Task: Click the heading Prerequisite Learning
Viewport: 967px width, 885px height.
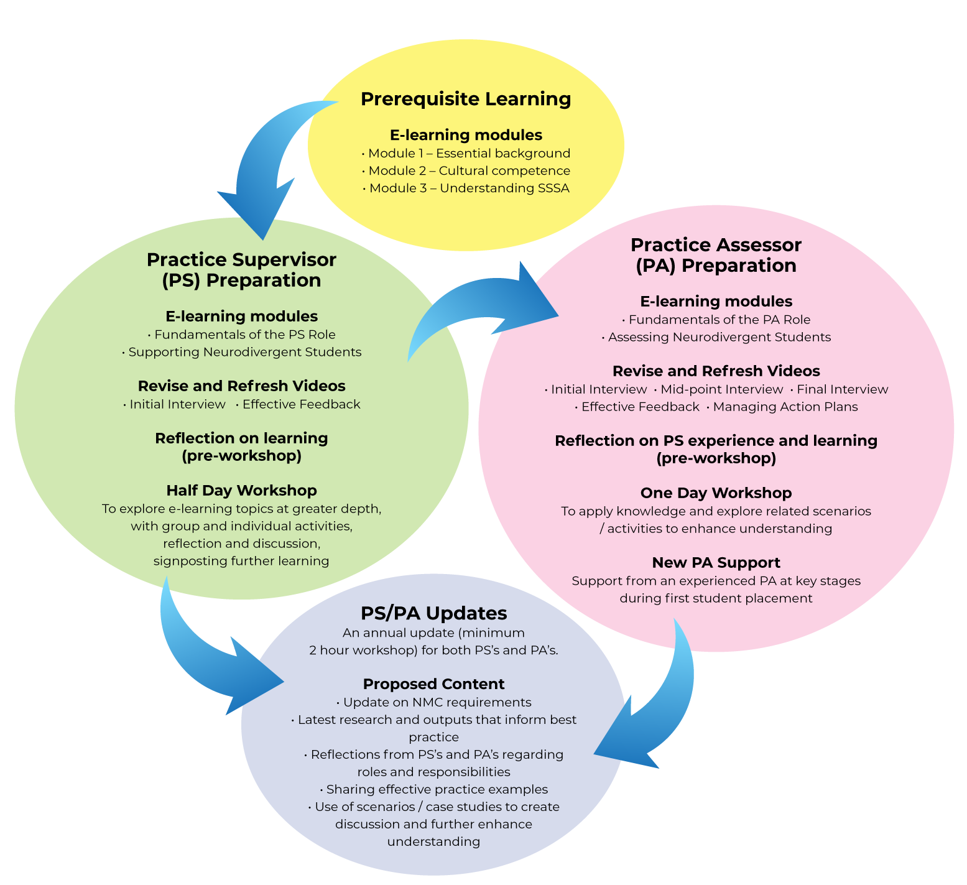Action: coord(466,99)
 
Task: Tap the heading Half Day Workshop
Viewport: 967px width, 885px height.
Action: coord(241,491)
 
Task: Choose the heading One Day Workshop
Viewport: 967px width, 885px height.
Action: coord(716,493)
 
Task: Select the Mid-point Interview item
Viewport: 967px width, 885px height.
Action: coord(721,389)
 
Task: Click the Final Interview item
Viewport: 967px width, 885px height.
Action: coord(842,389)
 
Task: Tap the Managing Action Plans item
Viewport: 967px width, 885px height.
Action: coord(785,407)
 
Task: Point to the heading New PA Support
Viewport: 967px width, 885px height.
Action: coord(716,563)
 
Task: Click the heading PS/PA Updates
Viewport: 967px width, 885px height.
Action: coord(433,613)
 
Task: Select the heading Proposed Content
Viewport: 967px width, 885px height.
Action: coord(433,684)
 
